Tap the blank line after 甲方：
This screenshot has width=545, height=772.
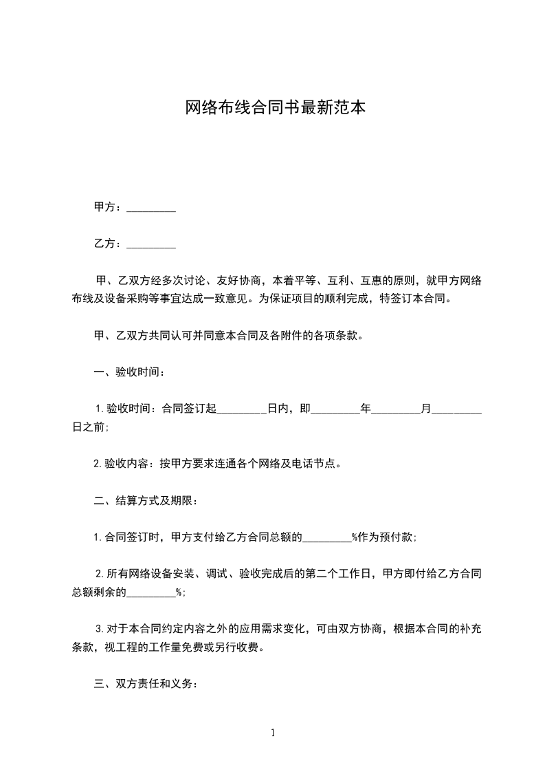(x=151, y=207)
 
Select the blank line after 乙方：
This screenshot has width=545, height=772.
(x=151, y=244)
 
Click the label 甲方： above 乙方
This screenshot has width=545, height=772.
(x=109, y=207)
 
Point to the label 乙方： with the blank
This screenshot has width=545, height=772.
(x=109, y=244)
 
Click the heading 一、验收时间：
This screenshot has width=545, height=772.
(x=129, y=372)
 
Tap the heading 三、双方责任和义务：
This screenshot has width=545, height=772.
(x=146, y=685)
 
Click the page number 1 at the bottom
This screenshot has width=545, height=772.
(x=273, y=733)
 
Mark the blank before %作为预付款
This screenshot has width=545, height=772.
(x=327, y=538)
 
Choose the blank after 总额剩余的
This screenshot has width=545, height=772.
(x=151, y=592)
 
